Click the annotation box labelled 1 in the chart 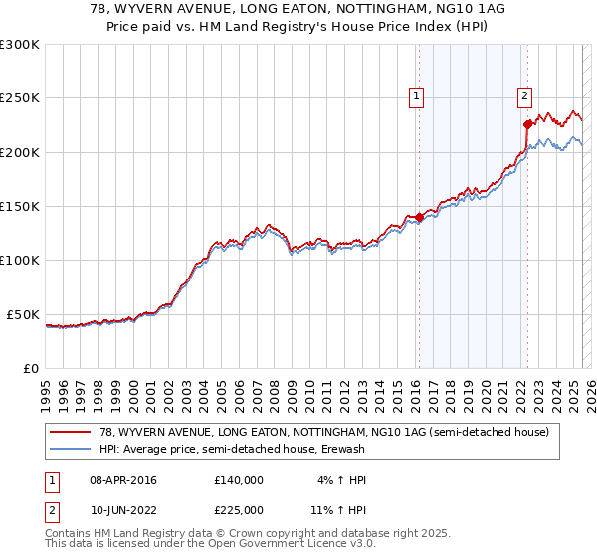pyautogui.click(x=416, y=96)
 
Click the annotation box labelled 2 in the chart pyautogui.click(x=524, y=96)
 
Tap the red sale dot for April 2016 pyautogui.click(x=419, y=217)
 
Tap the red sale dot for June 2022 pyautogui.click(x=527, y=125)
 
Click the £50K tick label pyautogui.click(x=23, y=314)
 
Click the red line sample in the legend pyautogui.click(x=71, y=432)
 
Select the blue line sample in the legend pyautogui.click(x=71, y=449)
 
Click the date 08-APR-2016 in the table pyautogui.click(x=123, y=480)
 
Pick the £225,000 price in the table pyautogui.click(x=239, y=510)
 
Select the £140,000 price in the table pyautogui.click(x=239, y=480)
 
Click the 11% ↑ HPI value pyautogui.click(x=337, y=510)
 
